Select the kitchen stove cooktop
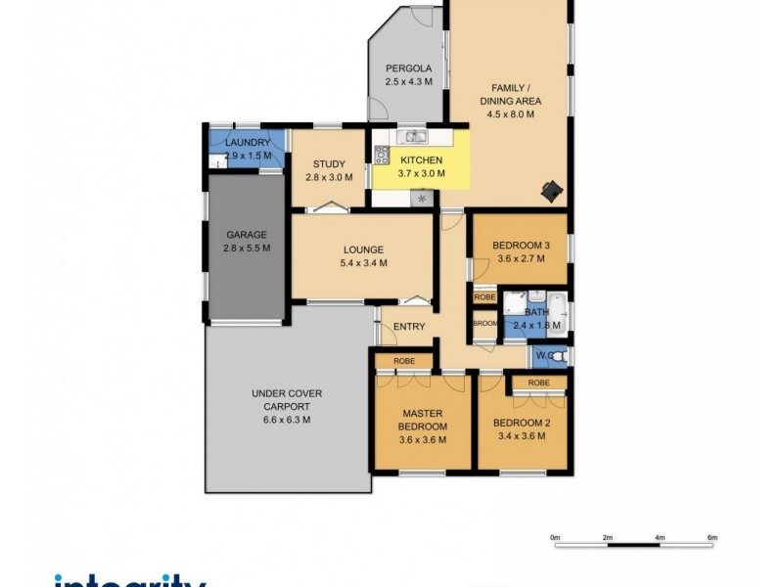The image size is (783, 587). click(382, 154)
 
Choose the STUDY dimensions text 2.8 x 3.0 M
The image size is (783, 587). click(327, 177)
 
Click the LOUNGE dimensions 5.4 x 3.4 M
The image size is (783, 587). click(363, 262)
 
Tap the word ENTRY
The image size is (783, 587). click(410, 327)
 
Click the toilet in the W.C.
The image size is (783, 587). click(558, 357)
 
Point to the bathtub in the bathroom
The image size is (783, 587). click(557, 313)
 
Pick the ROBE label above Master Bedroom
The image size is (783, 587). click(404, 361)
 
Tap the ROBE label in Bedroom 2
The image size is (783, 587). click(537, 383)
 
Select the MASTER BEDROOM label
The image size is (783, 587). click(423, 420)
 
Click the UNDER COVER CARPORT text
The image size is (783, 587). click(287, 399)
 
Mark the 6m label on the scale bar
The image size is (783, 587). click(713, 538)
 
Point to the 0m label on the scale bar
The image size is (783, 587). click(554, 538)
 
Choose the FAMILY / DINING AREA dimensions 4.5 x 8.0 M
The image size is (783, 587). click(510, 114)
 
